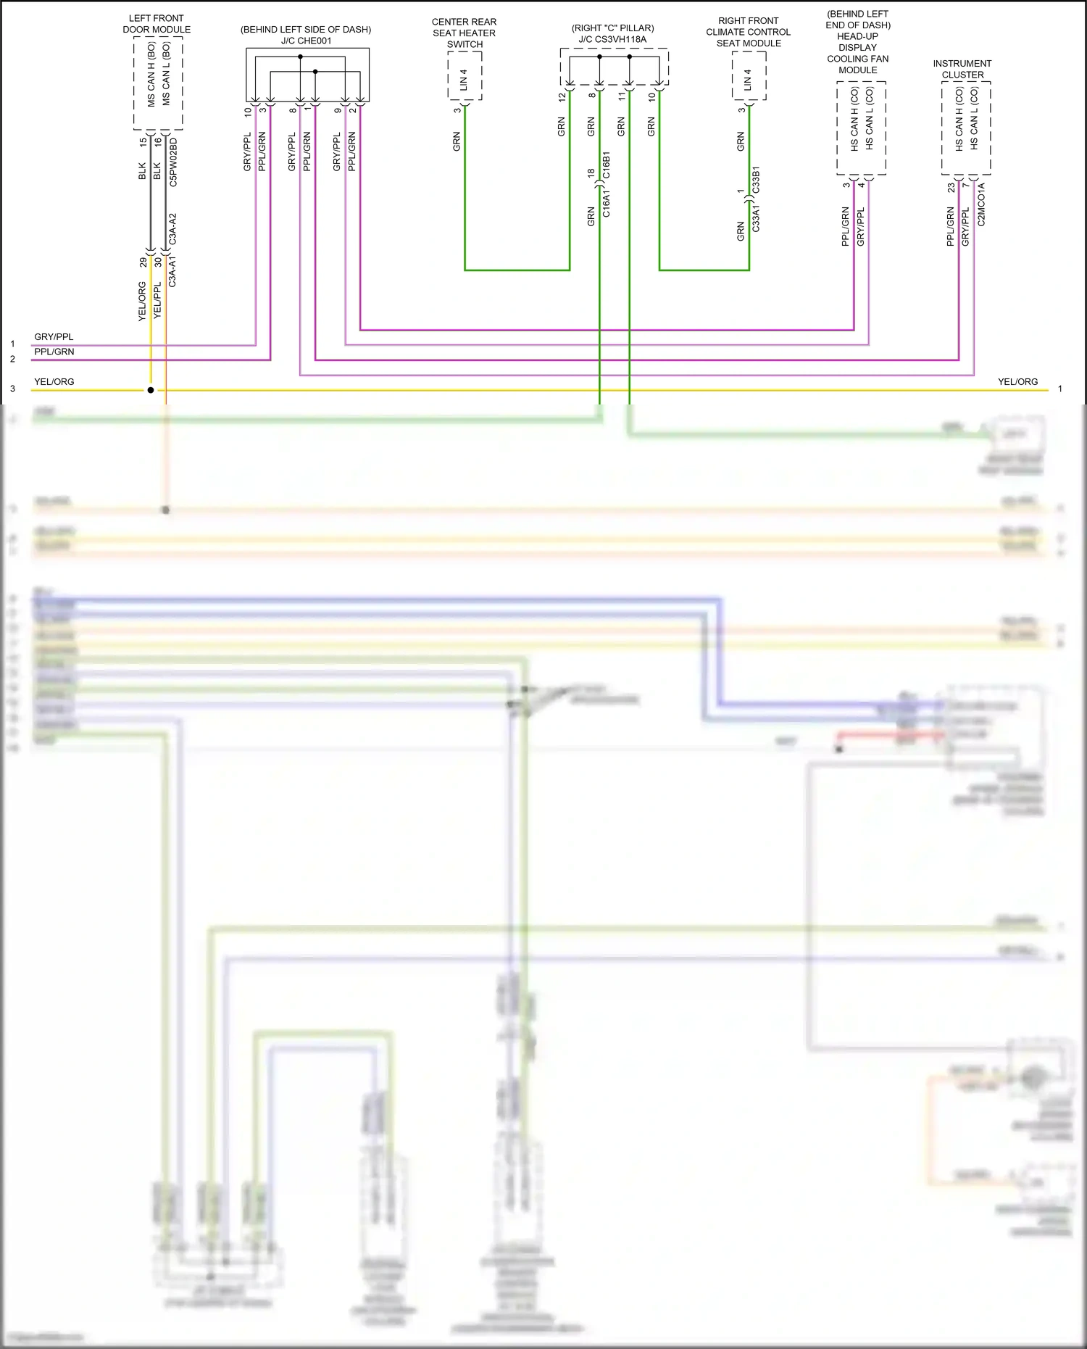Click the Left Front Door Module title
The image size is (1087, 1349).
point(157,24)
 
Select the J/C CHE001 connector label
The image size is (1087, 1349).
point(306,41)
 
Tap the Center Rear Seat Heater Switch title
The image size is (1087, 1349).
point(464,33)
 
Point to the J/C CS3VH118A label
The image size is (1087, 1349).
point(612,39)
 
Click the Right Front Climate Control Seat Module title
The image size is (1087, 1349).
point(748,32)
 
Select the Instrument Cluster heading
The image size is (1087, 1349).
point(962,69)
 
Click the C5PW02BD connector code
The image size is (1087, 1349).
point(173,162)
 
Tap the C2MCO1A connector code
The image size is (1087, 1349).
point(981,204)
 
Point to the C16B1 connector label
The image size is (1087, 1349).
point(606,165)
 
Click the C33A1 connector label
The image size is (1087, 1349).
point(756,218)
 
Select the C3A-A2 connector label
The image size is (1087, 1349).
point(172,228)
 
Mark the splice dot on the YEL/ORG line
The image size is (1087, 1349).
point(151,390)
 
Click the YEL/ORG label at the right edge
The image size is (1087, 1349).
point(1017,381)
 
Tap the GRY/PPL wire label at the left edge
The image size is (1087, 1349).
point(54,337)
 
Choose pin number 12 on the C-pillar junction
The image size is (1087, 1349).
point(562,96)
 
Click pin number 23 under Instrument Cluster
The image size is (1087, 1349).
point(951,187)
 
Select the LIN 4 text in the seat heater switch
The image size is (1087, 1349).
point(464,80)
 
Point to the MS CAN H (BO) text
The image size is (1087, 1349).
point(151,74)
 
